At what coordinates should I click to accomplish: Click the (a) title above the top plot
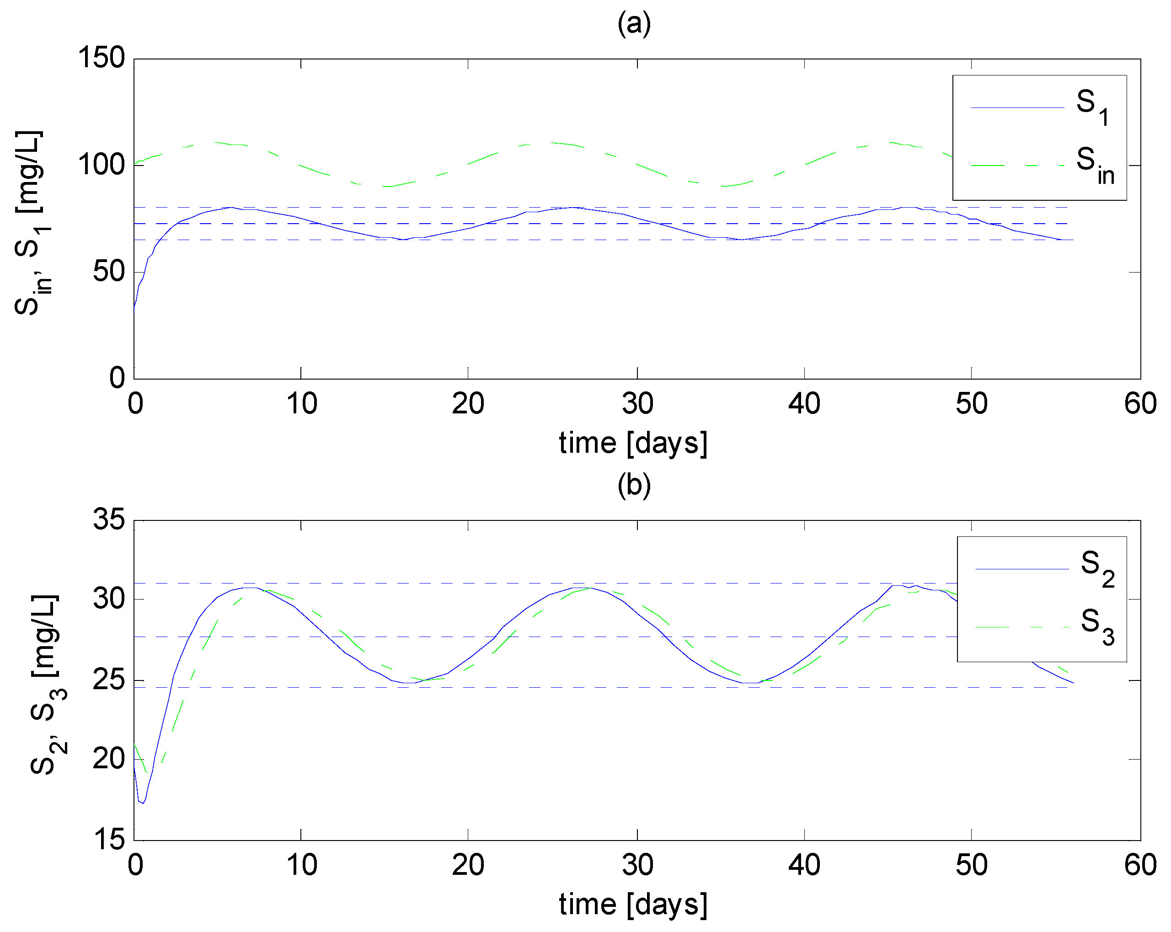(633, 24)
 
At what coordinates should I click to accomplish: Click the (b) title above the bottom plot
(633, 485)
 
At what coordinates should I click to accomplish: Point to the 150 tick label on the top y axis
(102, 58)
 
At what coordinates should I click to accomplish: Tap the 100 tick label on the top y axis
(102, 165)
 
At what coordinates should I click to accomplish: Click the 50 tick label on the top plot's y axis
(109, 272)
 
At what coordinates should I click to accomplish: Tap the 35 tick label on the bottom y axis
(109, 519)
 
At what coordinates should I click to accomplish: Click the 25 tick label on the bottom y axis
(109, 680)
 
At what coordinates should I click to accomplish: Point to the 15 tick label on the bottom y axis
(109, 840)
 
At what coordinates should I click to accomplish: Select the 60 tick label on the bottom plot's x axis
(1139, 865)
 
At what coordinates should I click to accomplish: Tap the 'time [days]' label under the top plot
(633, 443)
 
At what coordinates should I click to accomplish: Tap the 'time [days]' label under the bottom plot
(633, 905)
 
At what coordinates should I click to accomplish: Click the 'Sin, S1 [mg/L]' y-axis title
(32, 223)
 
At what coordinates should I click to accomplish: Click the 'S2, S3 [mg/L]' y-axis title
(48, 684)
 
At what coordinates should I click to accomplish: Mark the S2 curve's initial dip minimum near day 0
(143, 803)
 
